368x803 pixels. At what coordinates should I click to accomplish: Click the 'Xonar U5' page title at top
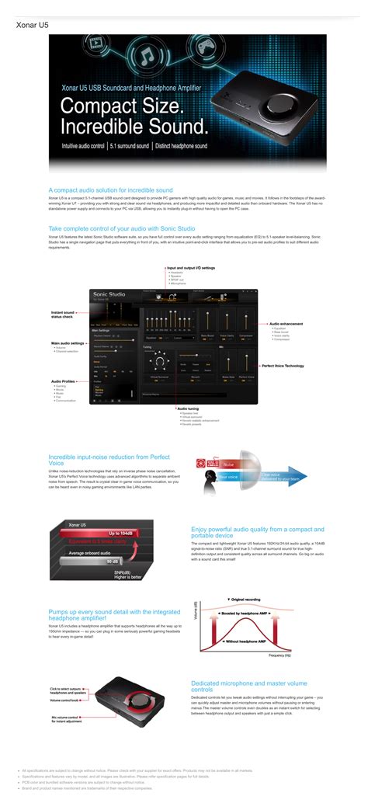point(30,25)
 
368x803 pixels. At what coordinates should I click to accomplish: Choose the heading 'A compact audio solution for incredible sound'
point(110,189)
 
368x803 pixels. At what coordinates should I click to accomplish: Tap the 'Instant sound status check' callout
point(63,315)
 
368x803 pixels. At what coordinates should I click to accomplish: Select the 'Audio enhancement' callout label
point(286,323)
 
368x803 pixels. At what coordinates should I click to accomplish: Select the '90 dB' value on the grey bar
point(111,561)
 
